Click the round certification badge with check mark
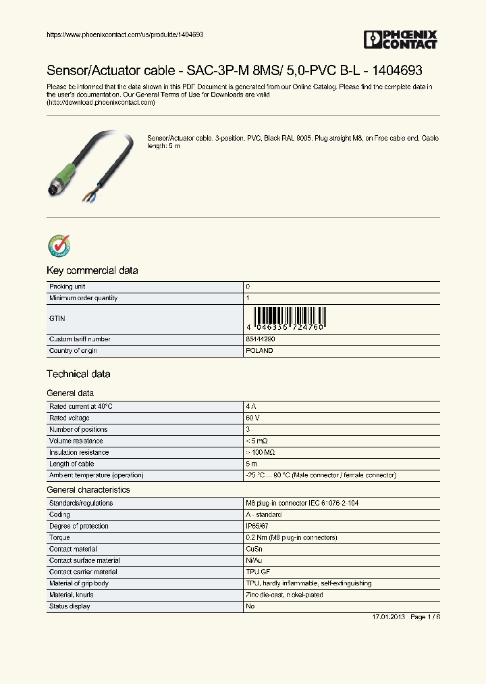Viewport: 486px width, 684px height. [59, 247]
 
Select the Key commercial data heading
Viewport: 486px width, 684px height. [92, 270]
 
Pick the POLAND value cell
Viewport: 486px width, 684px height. [260, 351]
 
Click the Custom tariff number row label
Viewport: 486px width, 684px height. [80, 339]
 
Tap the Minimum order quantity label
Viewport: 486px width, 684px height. [83, 298]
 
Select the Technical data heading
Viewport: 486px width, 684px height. [78, 374]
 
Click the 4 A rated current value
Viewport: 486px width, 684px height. [251, 406]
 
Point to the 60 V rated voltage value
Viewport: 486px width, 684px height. [252, 418]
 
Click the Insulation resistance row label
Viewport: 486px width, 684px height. [78, 452]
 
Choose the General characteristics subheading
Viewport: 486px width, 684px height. [88, 489]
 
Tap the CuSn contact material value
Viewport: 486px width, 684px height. [254, 549]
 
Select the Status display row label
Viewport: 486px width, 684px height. [70, 606]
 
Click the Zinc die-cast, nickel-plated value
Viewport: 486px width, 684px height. [284, 595]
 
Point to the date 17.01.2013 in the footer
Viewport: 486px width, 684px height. [388, 618]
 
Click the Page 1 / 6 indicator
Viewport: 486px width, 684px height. [425, 618]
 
